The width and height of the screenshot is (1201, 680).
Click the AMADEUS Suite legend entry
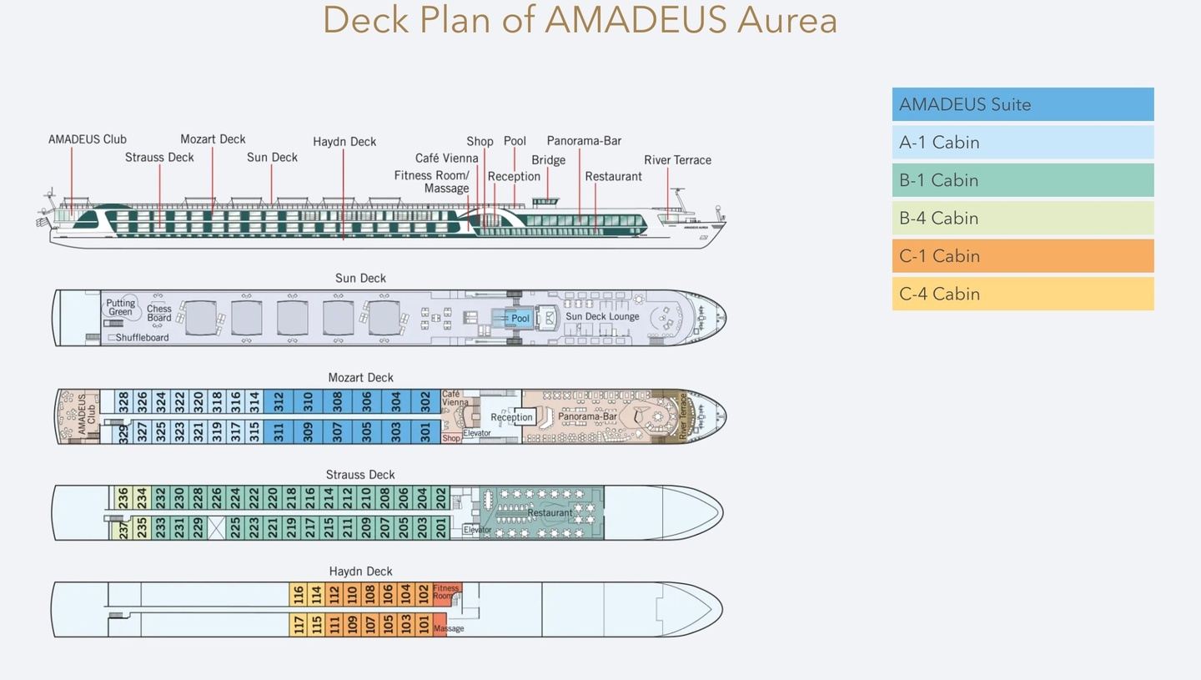[1023, 104]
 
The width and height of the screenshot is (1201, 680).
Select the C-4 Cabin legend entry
[1023, 294]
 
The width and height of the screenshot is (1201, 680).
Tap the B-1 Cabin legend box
[1023, 180]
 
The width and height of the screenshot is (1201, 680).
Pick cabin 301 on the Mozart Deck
[425, 431]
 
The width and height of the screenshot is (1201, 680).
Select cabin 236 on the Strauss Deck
[123, 498]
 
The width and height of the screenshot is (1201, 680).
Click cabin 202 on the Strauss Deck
[441, 498]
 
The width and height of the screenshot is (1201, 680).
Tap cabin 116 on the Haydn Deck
[298, 595]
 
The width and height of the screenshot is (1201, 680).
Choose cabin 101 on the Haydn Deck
[424, 624]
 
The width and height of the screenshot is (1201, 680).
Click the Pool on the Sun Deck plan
[520, 319]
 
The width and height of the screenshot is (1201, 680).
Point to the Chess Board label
[159, 314]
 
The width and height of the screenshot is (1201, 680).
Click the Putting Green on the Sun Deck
[120, 308]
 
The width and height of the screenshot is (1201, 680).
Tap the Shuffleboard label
[142, 338]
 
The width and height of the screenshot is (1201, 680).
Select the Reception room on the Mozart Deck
[511, 417]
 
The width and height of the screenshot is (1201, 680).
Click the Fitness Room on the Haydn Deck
[445, 592]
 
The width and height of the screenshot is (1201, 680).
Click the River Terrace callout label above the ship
[677, 160]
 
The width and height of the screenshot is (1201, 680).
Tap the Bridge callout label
[548, 160]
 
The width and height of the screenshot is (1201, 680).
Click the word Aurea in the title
[786, 20]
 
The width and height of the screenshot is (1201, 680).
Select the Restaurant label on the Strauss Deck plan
[550, 513]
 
